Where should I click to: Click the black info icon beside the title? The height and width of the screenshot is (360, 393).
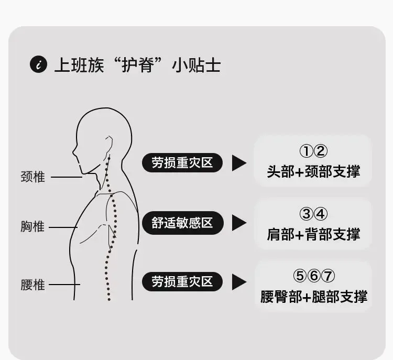pos(38,66)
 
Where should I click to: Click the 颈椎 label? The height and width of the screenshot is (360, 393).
pos(33,177)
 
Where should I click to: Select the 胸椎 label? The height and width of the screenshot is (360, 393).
pos(33,227)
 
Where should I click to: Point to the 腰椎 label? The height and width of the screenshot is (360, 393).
pos(33,285)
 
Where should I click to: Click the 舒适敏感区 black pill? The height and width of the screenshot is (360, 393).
pos(182,223)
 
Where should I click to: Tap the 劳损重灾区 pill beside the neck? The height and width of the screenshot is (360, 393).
pos(182,163)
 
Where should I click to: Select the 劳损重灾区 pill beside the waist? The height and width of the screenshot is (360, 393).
pos(182,282)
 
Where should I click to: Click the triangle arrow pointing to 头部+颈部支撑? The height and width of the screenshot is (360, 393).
pos(239,163)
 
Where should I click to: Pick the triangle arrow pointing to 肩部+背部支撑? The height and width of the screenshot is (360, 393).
pos(239,223)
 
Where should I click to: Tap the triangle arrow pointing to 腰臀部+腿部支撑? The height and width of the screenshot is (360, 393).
pos(239,282)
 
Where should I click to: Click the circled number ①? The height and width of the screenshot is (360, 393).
pos(306,152)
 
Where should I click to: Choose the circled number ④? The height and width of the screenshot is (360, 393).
pos(321,214)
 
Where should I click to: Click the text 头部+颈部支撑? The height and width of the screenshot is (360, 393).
pos(313,171)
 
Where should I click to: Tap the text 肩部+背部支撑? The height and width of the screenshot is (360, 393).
pos(313,234)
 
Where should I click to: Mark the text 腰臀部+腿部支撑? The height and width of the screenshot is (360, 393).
pos(313,296)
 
